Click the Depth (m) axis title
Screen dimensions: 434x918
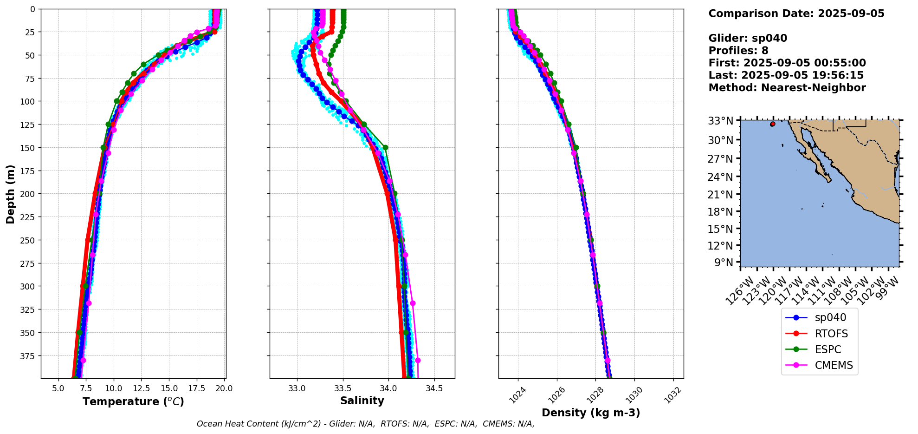pos(10,194)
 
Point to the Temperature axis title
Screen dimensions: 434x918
pos(133,401)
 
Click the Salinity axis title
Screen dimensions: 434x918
pos(362,401)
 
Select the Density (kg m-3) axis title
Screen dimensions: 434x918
pos(591,413)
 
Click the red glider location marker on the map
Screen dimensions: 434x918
pos(773,124)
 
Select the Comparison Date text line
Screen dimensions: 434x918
pos(796,13)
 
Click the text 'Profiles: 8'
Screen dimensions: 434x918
pos(738,51)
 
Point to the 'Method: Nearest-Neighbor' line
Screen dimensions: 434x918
pos(787,88)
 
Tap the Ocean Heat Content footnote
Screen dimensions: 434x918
pos(365,424)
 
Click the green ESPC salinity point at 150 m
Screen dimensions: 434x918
pos(385,147)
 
